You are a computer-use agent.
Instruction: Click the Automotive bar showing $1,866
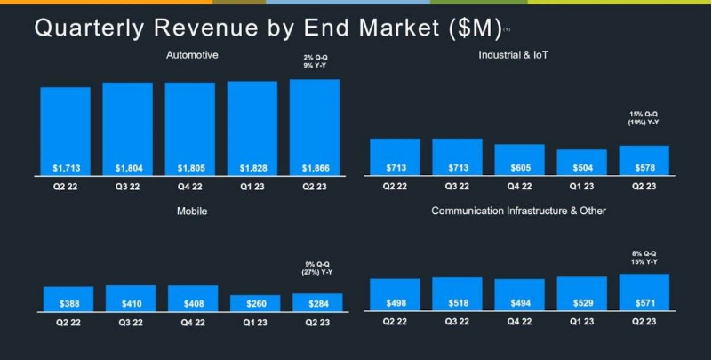pyautogui.click(x=314, y=124)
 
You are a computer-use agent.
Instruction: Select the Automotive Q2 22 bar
pyautogui.click(x=65, y=129)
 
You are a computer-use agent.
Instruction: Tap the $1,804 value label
pyautogui.click(x=127, y=168)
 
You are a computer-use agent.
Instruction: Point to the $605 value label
pyautogui.click(x=519, y=168)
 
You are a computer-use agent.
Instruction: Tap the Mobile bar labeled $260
pyautogui.click(x=255, y=303)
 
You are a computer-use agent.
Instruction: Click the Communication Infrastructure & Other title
pyautogui.click(x=518, y=212)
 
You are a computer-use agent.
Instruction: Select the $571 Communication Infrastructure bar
pyautogui.click(x=644, y=292)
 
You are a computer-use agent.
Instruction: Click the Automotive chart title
pyautogui.click(x=192, y=56)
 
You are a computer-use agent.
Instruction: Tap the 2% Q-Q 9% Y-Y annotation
pyautogui.click(x=314, y=63)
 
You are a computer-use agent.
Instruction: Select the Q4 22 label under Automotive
pyautogui.click(x=189, y=188)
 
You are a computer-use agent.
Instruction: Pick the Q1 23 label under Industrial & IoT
pyautogui.click(x=581, y=188)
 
